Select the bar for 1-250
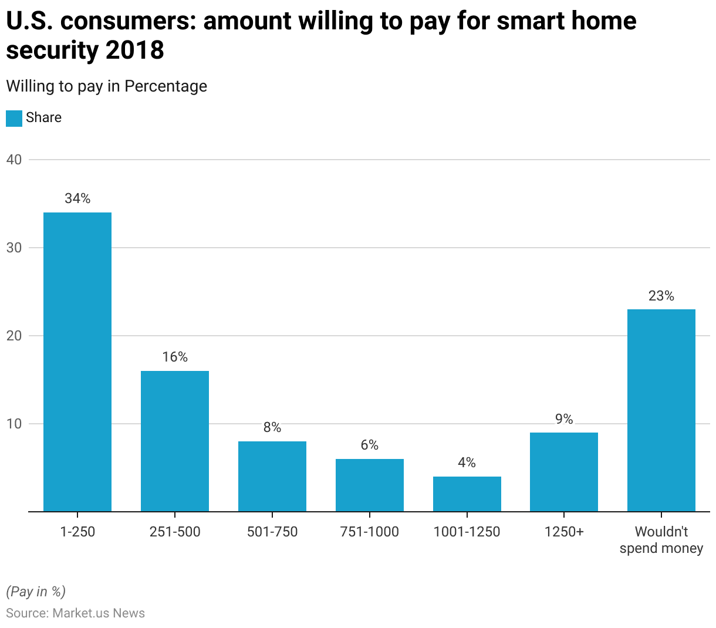[x=77, y=362]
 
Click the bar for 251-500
[x=175, y=441]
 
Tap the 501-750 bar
[x=272, y=476]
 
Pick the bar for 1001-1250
[x=467, y=494]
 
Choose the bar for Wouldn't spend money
[x=661, y=410]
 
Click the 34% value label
[x=77, y=199]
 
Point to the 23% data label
[x=661, y=296]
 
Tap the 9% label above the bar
[x=564, y=419]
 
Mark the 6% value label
[x=370, y=445]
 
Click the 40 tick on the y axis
[x=14, y=160]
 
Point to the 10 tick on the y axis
[x=14, y=424]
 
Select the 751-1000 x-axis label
[x=370, y=532]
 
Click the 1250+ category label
[x=564, y=532]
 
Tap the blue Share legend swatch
[x=14, y=118]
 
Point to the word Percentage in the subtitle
[x=166, y=86]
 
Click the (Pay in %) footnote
[x=36, y=591]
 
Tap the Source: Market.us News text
[x=75, y=613]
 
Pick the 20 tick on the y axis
[x=14, y=336]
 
